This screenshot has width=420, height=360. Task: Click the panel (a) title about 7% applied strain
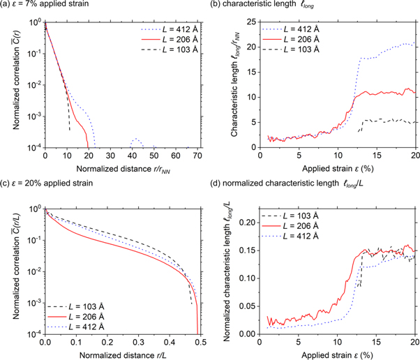tap(48, 6)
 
